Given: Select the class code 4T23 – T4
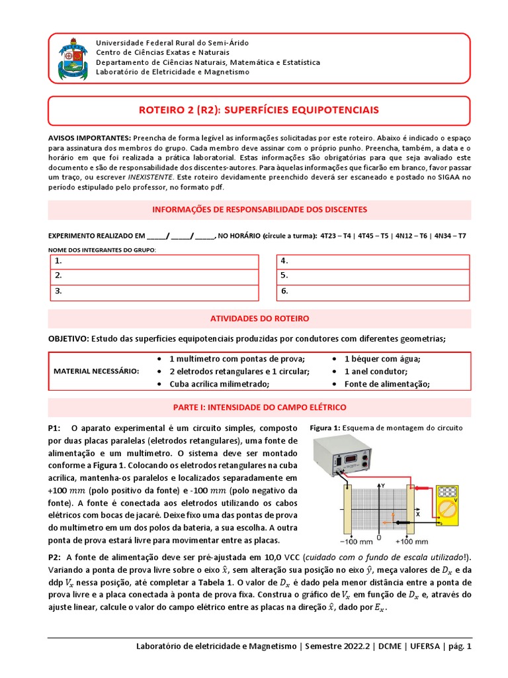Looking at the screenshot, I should [x=337, y=235].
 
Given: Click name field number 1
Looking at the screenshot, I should [x=154, y=262].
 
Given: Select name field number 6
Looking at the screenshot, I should [x=373, y=291].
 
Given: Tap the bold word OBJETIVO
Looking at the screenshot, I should [x=67, y=338].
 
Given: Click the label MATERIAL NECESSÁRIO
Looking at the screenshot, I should [x=97, y=371].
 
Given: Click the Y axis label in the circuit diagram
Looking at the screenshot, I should [x=383, y=485].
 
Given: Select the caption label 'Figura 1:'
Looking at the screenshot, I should [x=325, y=428].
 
